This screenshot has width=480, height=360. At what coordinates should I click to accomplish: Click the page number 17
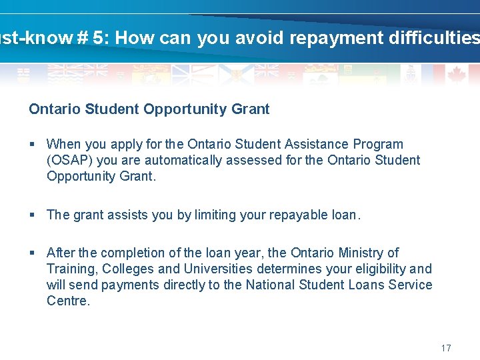446,348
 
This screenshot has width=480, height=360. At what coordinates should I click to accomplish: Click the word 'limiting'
215,215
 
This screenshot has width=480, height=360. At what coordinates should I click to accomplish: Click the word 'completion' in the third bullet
143,253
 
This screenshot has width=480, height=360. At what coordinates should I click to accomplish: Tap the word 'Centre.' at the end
68,301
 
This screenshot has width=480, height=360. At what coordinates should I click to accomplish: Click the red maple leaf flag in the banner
457,74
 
